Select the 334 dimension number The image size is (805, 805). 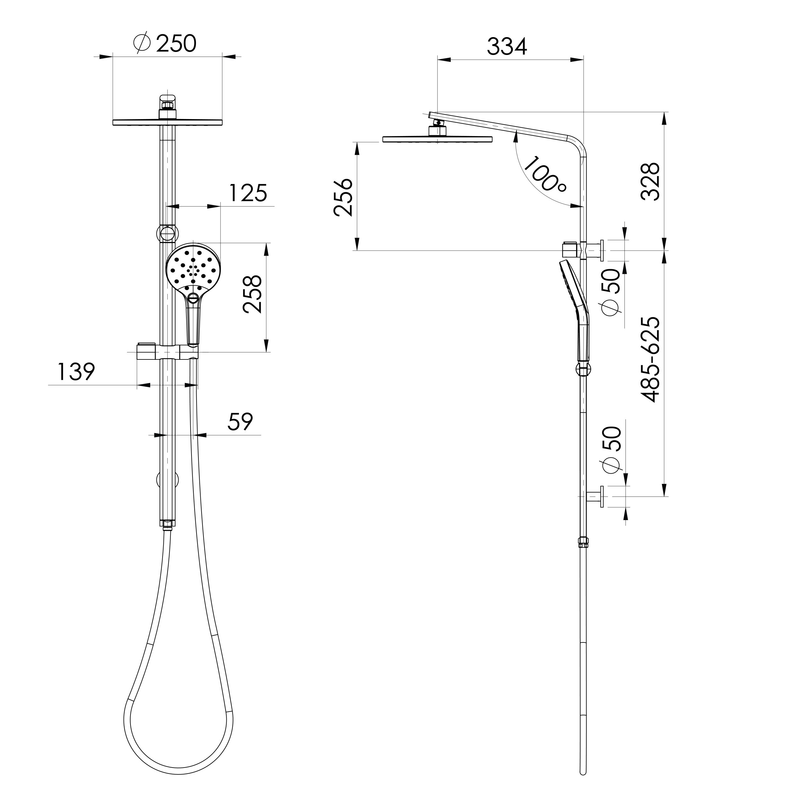coord(507,47)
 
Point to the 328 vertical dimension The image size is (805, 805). coord(650,182)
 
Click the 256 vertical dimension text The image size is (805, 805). coord(343,197)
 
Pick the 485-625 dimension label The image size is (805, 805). coord(650,360)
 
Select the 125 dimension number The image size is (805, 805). coord(247,193)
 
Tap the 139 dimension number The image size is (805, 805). coord(76,372)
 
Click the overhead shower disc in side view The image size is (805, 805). coord(437,139)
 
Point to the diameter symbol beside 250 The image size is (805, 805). coord(142,43)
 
